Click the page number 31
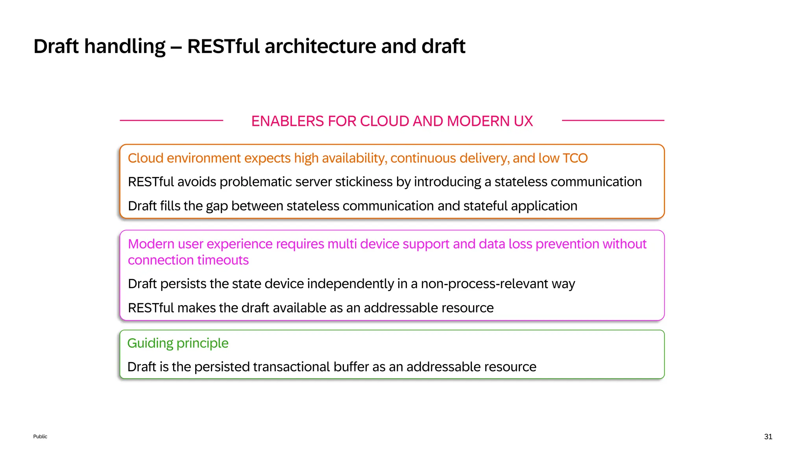click(x=768, y=436)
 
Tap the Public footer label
click(x=40, y=436)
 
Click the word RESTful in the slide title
click(x=223, y=46)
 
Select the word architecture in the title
click(x=320, y=46)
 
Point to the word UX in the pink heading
click(x=523, y=121)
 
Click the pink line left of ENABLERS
click(x=171, y=120)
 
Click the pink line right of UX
click(x=613, y=120)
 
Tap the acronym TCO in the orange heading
click(x=575, y=158)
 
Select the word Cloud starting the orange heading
click(x=145, y=158)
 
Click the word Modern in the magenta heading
click(x=151, y=244)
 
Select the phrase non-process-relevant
click(x=484, y=284)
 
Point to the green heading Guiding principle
click(x=178, y=343)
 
